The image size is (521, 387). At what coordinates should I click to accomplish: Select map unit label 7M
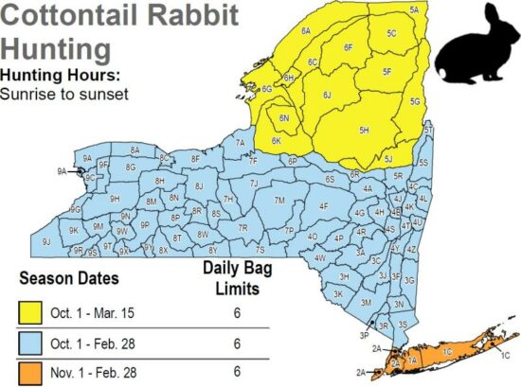click(x=279, y=201)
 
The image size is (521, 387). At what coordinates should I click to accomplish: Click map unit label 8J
click(x=198, y=186)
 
